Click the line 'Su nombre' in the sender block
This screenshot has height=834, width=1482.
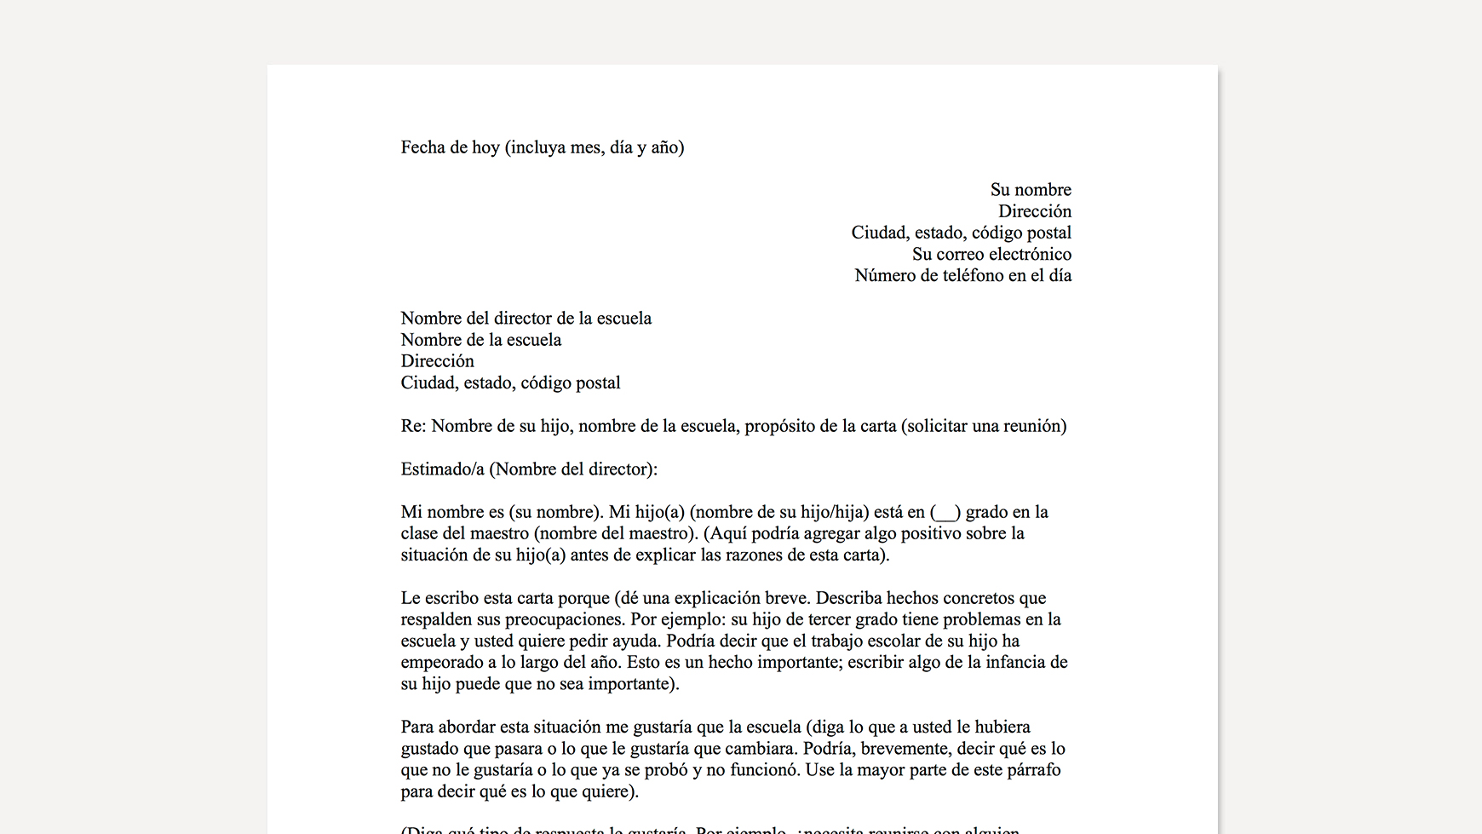(x=1031, y=190)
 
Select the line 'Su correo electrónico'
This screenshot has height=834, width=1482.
(x=991, y=254)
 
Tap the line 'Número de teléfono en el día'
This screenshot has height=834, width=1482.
(x=962, y=275)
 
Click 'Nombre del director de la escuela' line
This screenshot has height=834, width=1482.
(x=526, y=319)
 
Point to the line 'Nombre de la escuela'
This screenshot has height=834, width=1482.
(x=480, y=340)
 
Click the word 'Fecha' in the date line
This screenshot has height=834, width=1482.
(x=423, y=147)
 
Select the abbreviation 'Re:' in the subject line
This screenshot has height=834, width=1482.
(x=413, y=426)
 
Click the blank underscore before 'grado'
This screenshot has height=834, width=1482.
(x=945, y=513)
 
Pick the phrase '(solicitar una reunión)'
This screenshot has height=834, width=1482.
(x=983, y=426)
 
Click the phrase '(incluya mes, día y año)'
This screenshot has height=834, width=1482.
(x=595, y=147)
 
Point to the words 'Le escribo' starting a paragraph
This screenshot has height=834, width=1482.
(x=437, y=598)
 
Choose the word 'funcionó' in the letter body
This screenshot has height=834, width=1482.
(x=767, y=770)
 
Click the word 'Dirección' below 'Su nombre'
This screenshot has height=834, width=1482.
(x=1035, y=211)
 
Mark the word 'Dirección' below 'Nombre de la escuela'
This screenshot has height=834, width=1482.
(x=437, y=361)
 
